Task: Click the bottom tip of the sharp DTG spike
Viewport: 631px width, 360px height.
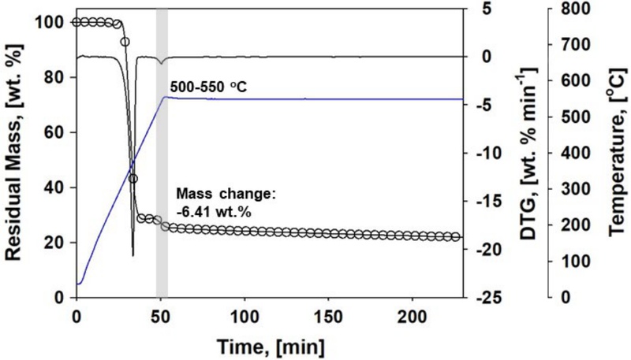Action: (133, 255)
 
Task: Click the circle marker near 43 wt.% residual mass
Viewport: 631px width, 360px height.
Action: (133, 179)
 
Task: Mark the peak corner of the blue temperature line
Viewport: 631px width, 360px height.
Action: (163, 97)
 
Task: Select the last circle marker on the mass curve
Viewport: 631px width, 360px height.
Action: (455, 236)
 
